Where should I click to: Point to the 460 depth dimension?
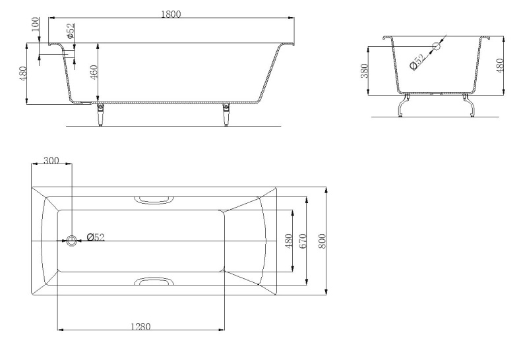pos(94,73)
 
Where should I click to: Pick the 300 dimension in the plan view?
pos(51,160)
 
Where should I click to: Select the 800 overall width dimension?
pos(322,241)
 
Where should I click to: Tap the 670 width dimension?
pos(304,241)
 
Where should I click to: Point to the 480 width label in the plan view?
pos(288,241)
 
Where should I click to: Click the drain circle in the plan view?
pos(72,240)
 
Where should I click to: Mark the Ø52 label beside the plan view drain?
pos(95,237)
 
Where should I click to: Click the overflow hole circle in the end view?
pos(436,47)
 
